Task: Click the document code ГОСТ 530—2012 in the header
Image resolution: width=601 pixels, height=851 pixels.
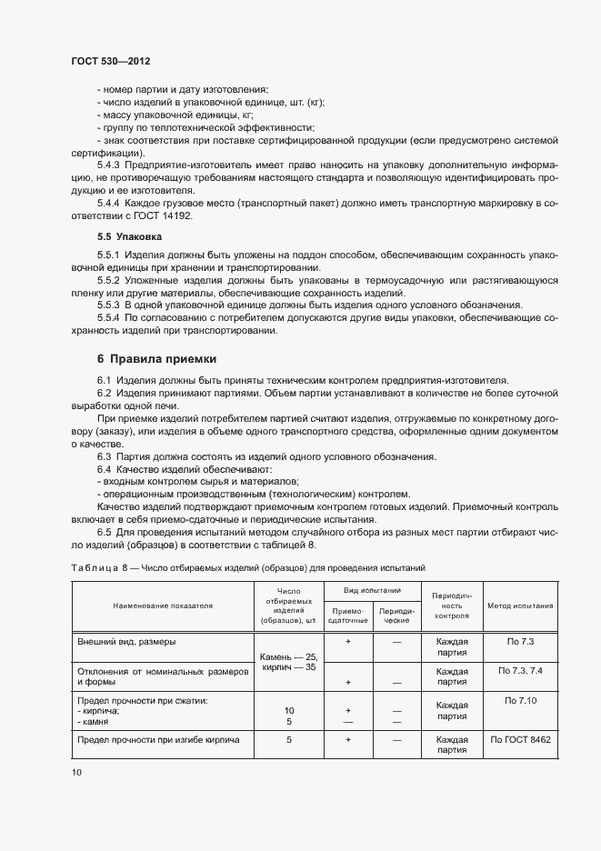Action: tap(110, 61)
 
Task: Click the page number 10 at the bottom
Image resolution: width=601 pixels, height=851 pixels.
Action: tap(76, 772)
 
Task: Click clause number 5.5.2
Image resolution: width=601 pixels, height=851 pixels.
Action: tap(110, 281)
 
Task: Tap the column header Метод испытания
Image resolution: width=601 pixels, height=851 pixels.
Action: tap(521, 605)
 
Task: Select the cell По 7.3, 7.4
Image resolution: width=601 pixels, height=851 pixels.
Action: tap(521, 670)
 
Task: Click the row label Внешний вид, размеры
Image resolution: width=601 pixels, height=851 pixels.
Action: tap(127, 642)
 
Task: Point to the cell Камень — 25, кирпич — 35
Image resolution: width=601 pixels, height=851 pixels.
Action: tap(288, 661)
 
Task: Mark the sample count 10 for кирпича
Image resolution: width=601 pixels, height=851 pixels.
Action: tap(288, 710)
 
